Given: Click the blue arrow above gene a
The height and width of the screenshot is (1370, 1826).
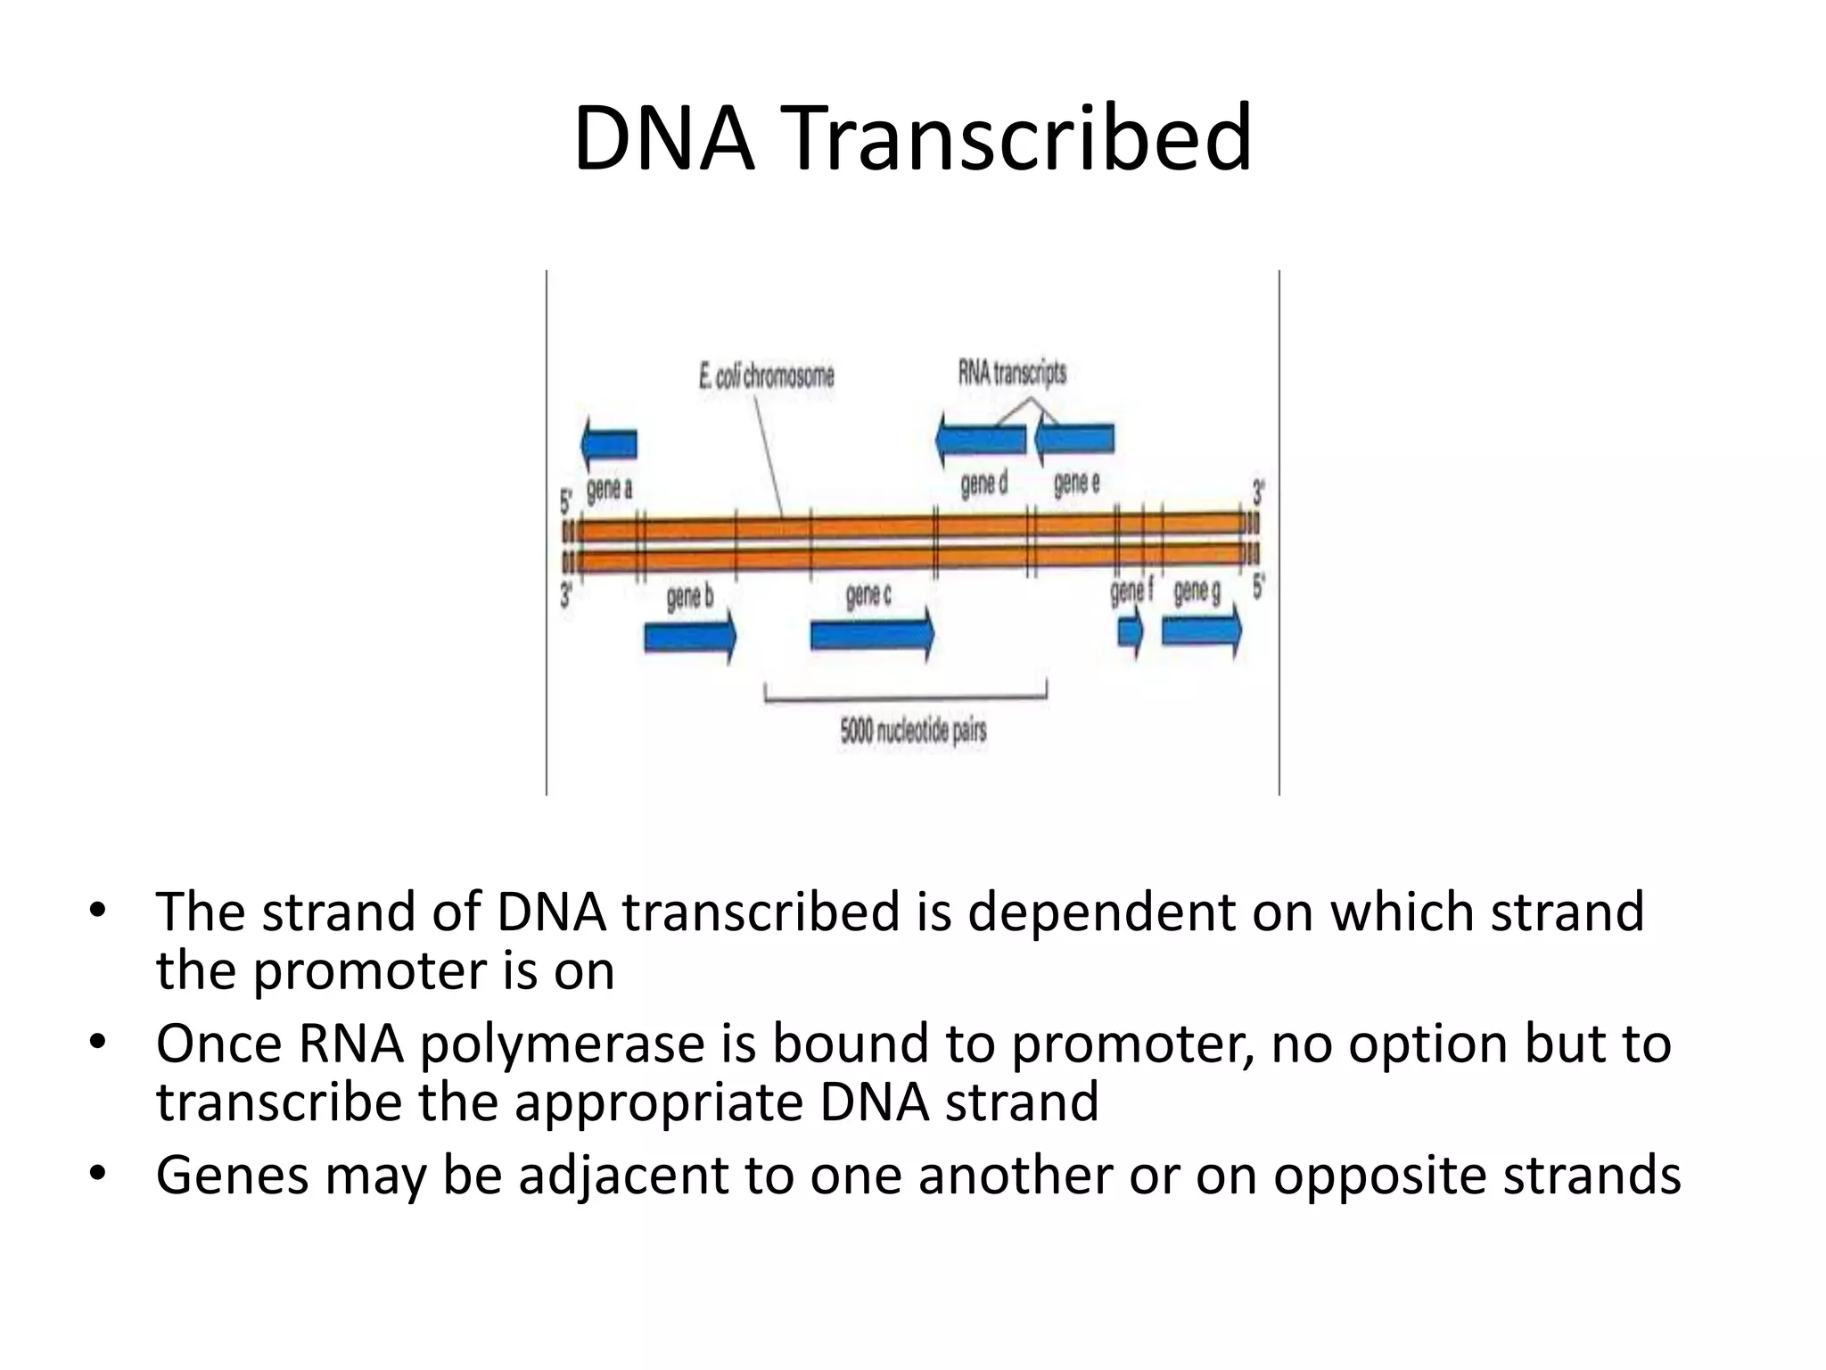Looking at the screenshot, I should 609,443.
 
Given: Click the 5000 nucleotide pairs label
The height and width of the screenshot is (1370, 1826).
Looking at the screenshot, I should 913,731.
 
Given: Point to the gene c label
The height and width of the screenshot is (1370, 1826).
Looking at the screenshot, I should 868,594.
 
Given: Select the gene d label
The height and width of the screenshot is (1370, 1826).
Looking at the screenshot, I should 983,484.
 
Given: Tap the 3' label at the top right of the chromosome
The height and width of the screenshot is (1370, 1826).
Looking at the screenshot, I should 1258,491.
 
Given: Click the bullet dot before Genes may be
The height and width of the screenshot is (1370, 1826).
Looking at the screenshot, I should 97,1175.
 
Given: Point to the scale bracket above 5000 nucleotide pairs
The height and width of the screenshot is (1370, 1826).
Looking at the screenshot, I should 905,696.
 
